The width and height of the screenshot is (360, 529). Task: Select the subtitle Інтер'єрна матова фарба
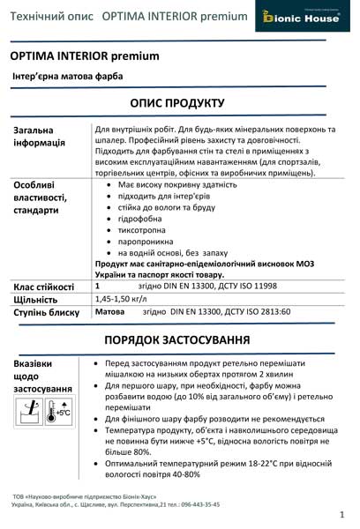(65, 77)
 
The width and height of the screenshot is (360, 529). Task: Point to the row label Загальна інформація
(39, 137)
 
